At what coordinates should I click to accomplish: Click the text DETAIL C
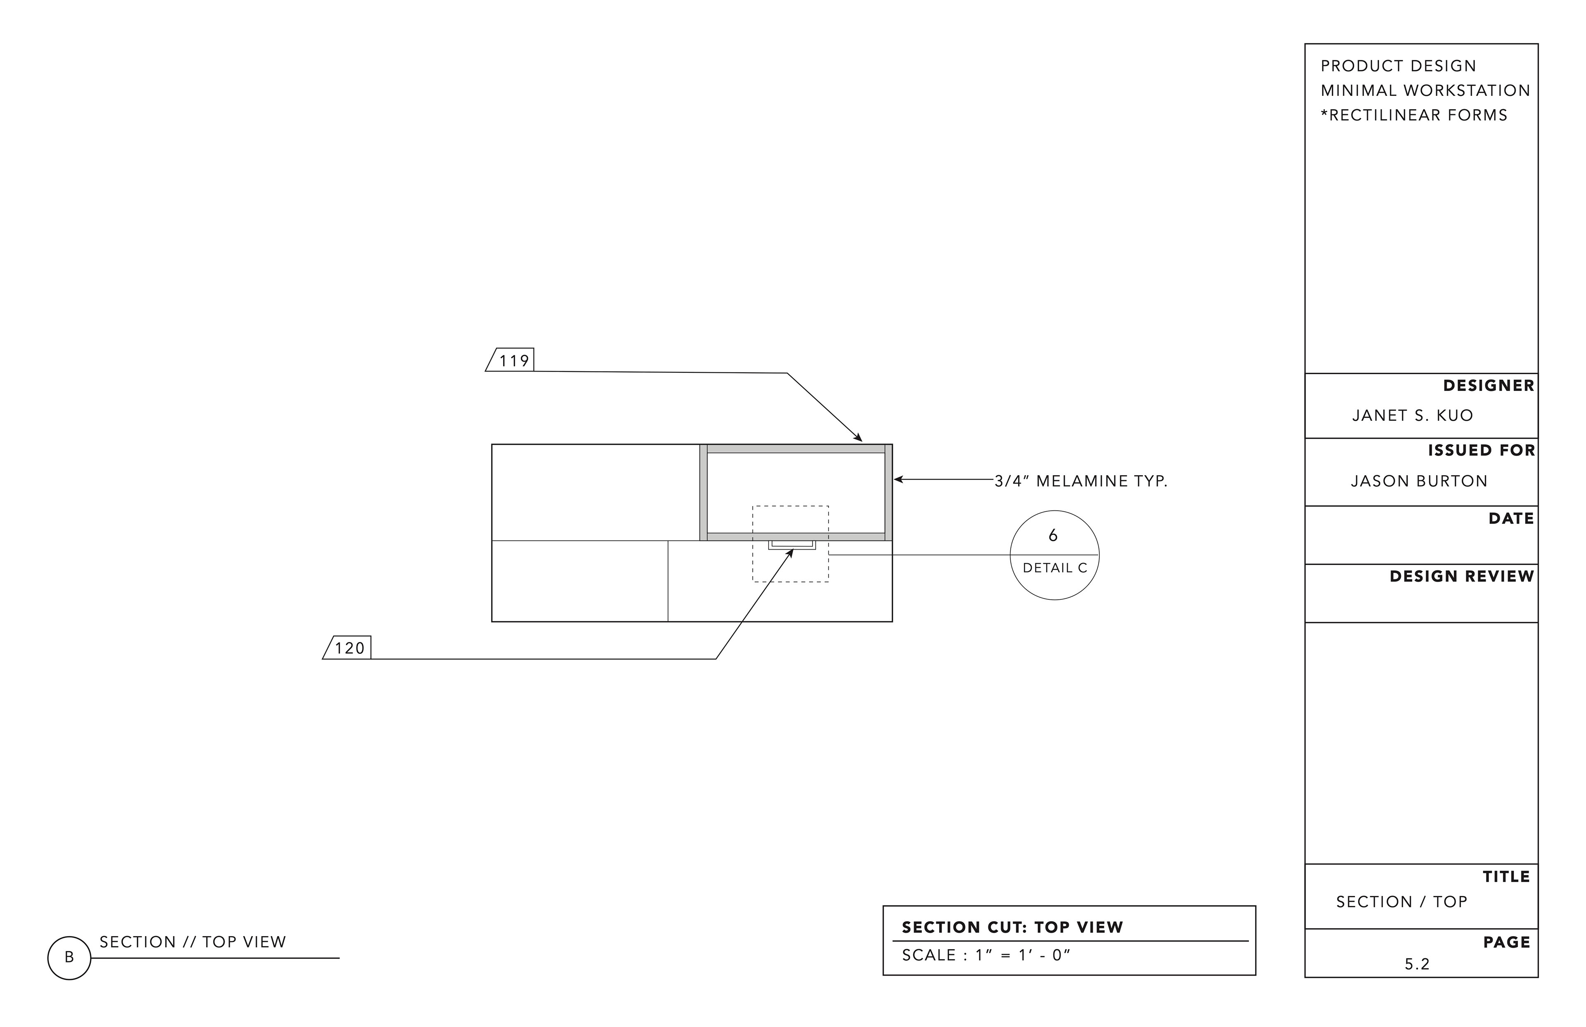tap(1055, 568)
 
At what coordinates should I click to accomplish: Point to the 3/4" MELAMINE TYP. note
tap(1081, 481)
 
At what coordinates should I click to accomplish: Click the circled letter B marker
tap(69, 958)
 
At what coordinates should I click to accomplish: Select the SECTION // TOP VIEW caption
tap(192, 942)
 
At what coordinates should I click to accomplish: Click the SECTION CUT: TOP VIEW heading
tap(1012, 928)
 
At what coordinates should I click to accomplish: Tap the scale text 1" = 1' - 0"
tap(1023, 955)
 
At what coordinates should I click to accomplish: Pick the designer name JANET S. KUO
tap(1412, 415)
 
